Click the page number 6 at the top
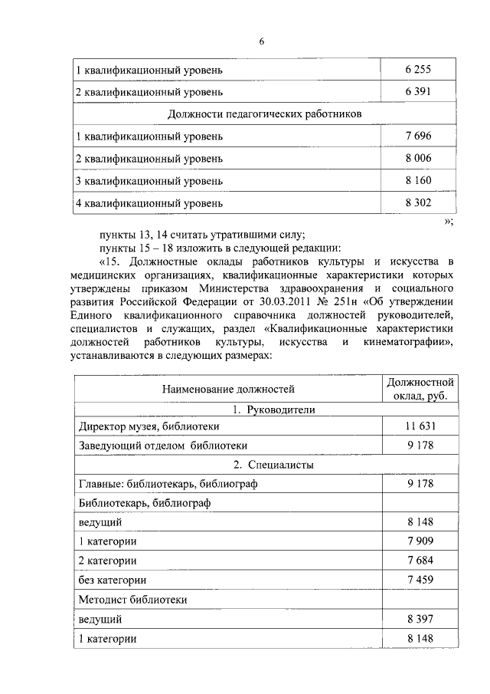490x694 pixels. pyautogui.click(x=261, y=41)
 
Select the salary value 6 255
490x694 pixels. pyautogui.click(x=418, y=70)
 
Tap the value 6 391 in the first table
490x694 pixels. pyautogui.click(x=418, y=92)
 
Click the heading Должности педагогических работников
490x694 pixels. pyautogui.click(x=264, y=114)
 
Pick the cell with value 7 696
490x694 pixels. pyautogui.click(x=418, y=136)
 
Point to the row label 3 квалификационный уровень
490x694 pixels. pyautogui.click(x=149, y=181)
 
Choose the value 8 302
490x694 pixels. pyautogui.click(x=418, y=203)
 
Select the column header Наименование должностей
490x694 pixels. pyautogui.click(x=227, y=390)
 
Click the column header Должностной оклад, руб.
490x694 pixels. pyautogui.click(x=420, y=389)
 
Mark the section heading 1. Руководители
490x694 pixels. pyautogui.click(x=264, y=410)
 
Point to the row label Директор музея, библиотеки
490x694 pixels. pyautogui.click(x=149, y=426)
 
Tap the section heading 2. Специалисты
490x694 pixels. pyautogui.click(x=264, y=465)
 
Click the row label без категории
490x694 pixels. pyautogui.click(x=113, y=580)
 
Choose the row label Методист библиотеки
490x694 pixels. pyautogui.click(x=133, y=599)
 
